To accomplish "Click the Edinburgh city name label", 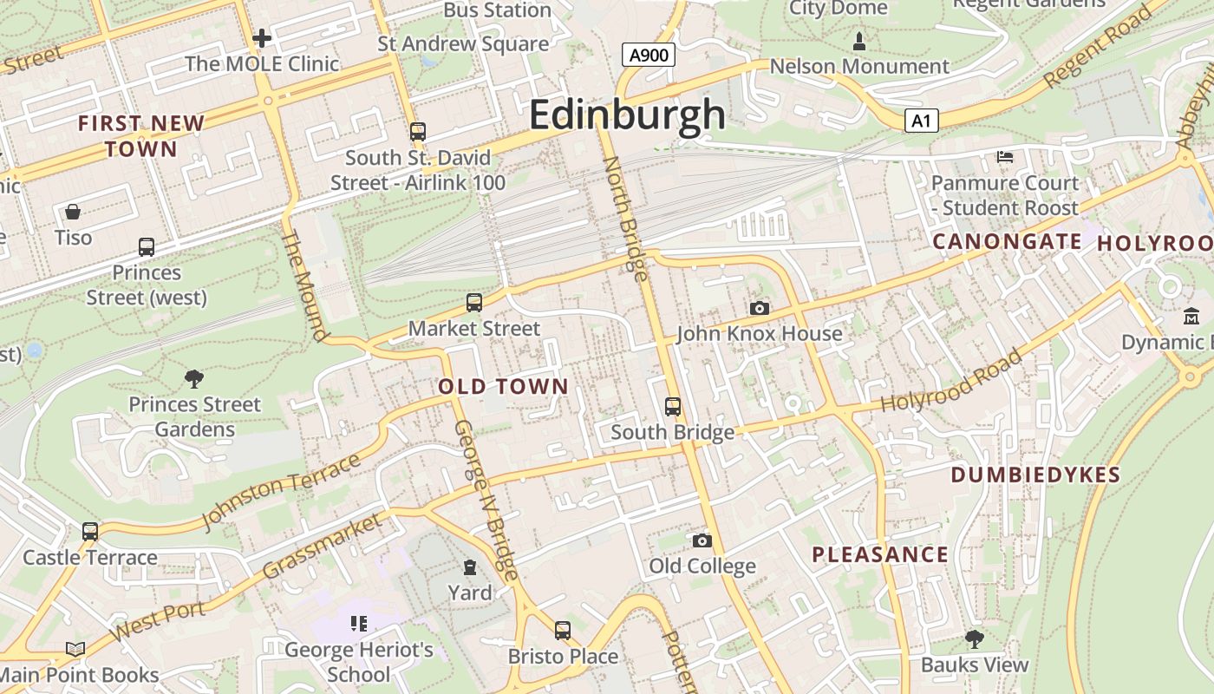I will [627, 115].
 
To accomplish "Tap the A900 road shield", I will [649, 56].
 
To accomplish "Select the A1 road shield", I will [922, 121].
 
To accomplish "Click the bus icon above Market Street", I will [473, 303].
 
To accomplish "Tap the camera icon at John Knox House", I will [759, 308].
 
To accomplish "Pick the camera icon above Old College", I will [702, 540].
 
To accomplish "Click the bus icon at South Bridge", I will [672, 406].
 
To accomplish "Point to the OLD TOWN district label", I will [503, 387].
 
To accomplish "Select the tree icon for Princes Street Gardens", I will [194, 378].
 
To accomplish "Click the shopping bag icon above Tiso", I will [73, 212].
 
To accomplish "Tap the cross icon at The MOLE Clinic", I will [262, 38].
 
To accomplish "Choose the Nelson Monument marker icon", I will [859, 41].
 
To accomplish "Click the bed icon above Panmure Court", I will [1004, 157].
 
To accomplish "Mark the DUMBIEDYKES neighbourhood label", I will [1035, 475].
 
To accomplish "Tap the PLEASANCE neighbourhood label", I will [879, 554].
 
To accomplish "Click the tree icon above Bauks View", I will [974, 639].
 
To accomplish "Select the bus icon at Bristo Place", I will [563, 631].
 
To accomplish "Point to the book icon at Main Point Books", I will [75, 649].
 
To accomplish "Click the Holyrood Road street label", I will [952, 381].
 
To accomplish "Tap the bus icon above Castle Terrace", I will [90, 532].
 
